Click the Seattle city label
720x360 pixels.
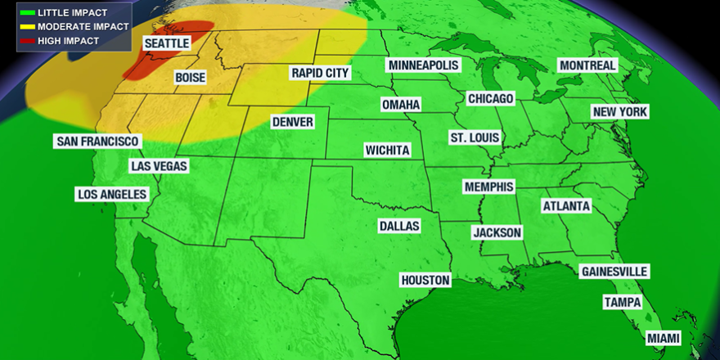[167, 43]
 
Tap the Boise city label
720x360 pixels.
[190, 78]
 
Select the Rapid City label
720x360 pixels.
[320, 73]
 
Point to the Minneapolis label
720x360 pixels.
[425, 65]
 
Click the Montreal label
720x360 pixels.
[587, 65]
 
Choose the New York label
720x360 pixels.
[620, 112]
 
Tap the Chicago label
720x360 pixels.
[491, 98]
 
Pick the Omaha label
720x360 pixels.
[401, 105]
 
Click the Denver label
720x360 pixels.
[293, 122]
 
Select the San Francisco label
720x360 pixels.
[97, 142]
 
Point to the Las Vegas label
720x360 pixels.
[160, 166]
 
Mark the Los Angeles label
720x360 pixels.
[112, 194]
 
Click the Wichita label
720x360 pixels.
[388, 151]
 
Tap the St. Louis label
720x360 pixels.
[474, 137]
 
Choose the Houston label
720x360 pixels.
[425, 280]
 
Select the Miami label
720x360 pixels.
[663, 338]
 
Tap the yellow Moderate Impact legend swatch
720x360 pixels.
[27, 27]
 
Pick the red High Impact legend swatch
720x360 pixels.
[27, 40]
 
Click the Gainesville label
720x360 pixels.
[614, 271]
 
